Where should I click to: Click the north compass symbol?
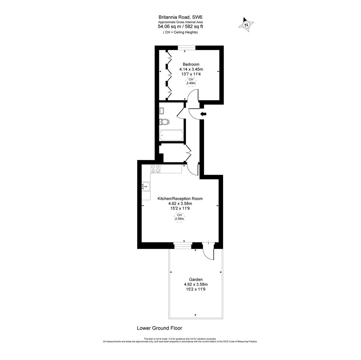click(x=246, y=25)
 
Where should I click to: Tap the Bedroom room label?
click(x=191, y=64)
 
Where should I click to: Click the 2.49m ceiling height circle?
click(x=191, y=81)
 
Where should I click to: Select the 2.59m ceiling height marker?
click(x=179, y=217)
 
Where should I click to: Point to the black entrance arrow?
click(x=203, y=114)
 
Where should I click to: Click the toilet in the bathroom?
click(x=164, y=122)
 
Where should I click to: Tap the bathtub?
click(x=171, y=135)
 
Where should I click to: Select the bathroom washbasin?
click(x=162, y=111)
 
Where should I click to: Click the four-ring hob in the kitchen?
click(x=155, y=169)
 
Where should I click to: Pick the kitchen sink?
click(x=146, y=187)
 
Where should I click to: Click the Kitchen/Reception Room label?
click(x=180, y=199)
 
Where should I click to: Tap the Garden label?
click(x=196, y=280)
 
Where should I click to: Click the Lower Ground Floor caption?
click(x=159, y=328)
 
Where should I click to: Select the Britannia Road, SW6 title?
click(x=180, y=17)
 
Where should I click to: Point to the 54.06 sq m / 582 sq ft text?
click(x=180, y=27)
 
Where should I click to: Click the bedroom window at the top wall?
click(x=187, y=48)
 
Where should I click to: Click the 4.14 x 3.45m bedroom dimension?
click(x=191, y=69)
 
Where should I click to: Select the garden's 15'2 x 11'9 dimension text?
click(x=196, y=289)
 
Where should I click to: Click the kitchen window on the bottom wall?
click(x=183, y=246)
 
